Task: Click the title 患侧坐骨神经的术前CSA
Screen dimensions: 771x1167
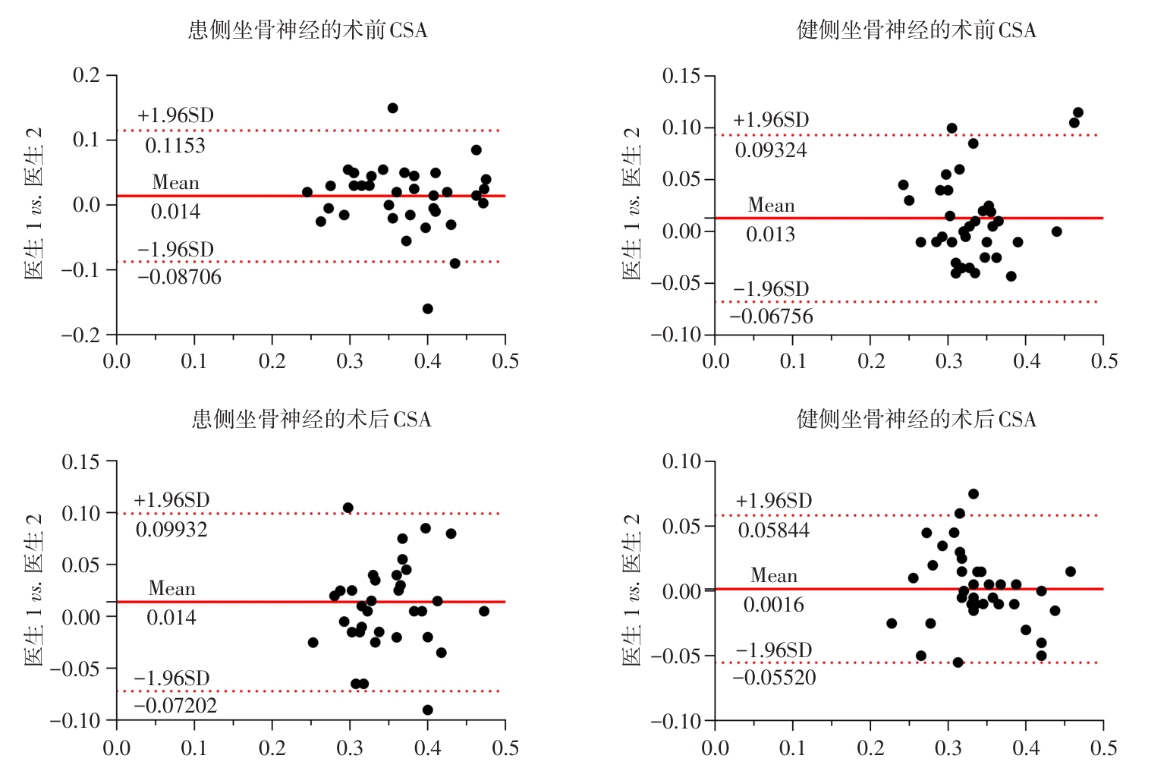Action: [x=307, y=30]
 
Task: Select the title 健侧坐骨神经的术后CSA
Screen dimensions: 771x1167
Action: [x=916, y=420]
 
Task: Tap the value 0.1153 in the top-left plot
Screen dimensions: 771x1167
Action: [x=175, y=146]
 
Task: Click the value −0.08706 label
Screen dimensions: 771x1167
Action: [x=180, y=278]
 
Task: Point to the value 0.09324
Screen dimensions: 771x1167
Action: [x=771, y=150]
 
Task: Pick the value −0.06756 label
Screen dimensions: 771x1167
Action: [x=772, y=316]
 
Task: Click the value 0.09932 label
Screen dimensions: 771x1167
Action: [x=171, y=530]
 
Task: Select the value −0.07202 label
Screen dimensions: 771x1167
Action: [x=175, y=706]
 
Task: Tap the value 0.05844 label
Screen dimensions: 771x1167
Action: [x=774, y=530]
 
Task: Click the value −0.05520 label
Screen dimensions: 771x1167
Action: [x=775, y=678]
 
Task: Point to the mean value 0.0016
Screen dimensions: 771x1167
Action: [x=773, y=605]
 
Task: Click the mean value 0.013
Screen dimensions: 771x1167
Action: [x=770, y=234]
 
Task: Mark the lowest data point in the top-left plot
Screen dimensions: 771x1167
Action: [x=428, y=309]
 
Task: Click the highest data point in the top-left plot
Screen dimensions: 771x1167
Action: [x=392, y=109]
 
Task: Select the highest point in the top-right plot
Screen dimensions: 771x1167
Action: [x=1077, y=112]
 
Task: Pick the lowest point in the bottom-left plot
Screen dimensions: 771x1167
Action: [x=428, y=710]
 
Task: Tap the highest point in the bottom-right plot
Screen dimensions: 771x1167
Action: [x=974, y=494]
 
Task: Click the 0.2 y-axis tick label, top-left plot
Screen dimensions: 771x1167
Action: [x=86, y=75]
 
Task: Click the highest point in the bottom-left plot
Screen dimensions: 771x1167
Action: [x=348, y=508]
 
